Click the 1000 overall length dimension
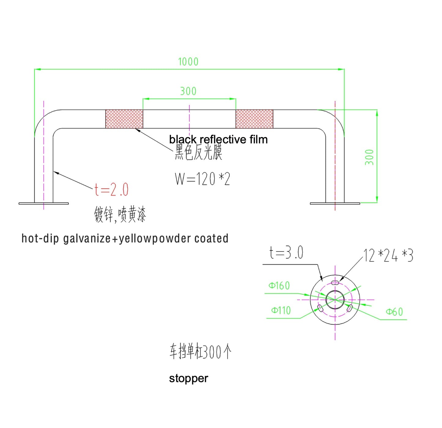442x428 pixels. point(188,62)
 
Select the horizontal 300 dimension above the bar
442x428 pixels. point(188,91)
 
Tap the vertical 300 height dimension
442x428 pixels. point(370,157)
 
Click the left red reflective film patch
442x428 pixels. point(124,119)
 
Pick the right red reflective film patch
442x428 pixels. point(254,119)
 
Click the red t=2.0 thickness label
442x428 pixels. point(111,190)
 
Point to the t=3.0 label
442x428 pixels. point(286,253)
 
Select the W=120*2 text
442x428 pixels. point(202,179)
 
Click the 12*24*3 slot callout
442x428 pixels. point(388,255)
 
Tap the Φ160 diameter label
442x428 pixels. point(279,286)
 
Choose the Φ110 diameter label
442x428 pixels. point(281,311)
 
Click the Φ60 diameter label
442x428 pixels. point(394,312)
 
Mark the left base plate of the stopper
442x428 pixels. point(43,203)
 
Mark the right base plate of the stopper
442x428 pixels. point(335,203)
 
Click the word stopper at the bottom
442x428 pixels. point(188,378)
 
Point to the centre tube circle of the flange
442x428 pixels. point(335,299)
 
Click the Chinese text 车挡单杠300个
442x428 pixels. point(200,352)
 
